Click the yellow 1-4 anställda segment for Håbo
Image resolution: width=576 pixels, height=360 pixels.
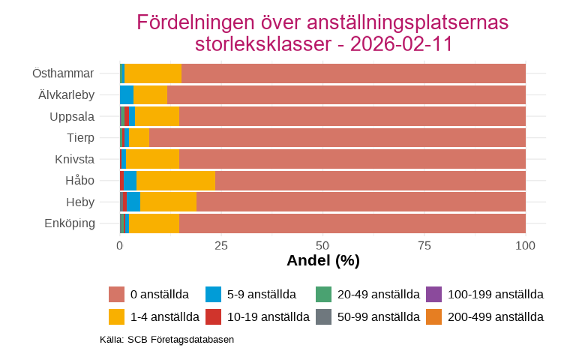point(175,181)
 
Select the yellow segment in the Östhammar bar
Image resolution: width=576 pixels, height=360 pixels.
point(153,73)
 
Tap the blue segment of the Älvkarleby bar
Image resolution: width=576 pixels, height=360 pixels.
point(126,95)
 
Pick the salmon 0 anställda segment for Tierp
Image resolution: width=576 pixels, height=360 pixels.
point(337,138)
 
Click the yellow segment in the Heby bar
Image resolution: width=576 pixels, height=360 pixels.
point(168,202)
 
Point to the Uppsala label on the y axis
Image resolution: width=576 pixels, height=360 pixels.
point(72,116)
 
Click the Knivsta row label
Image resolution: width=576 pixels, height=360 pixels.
point(74,159)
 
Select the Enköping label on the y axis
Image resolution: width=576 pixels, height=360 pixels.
point(70,223)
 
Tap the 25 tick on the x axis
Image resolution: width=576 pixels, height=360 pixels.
point(221,245)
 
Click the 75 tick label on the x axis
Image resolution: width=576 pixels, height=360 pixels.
point(424,245)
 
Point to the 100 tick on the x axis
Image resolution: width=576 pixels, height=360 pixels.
point(526,245)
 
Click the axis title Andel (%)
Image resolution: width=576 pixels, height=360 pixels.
point(322,261)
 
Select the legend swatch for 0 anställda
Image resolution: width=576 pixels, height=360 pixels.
point(116,295)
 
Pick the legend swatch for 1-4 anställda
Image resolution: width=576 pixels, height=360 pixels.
point(116,316)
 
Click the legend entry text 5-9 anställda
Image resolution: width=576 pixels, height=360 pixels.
point(262,295)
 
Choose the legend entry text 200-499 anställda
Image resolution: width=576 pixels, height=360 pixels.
point(495,316)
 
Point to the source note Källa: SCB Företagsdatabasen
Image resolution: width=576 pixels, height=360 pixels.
point(166,340)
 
